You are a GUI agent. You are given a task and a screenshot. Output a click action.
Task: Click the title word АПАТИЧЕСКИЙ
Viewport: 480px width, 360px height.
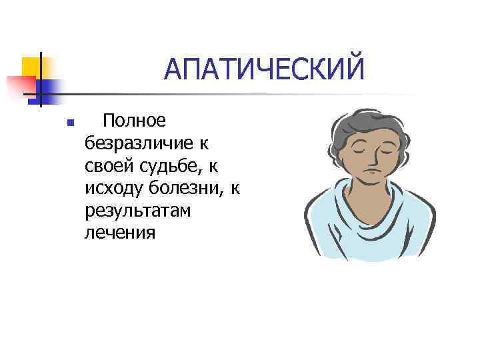(x=265, y=69)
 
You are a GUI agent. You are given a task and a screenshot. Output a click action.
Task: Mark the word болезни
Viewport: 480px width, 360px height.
(x=186, y=188)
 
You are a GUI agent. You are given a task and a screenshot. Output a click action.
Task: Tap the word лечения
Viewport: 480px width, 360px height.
(x=120, y=233)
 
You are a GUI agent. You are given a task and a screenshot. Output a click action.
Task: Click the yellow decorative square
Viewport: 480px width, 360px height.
(x=32, y=67)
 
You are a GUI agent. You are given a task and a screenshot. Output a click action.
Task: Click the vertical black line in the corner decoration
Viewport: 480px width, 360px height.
(x=41, y=80)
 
